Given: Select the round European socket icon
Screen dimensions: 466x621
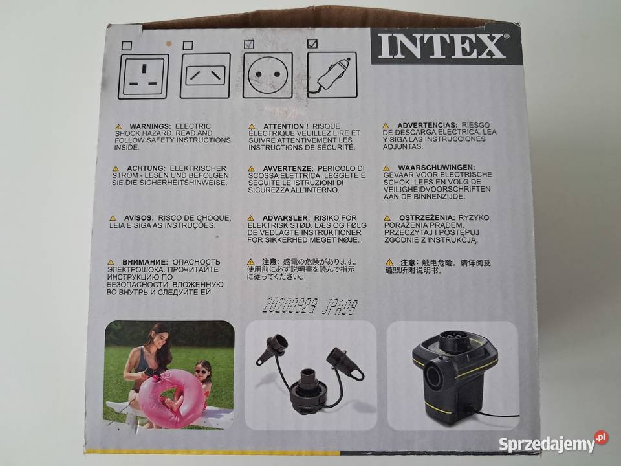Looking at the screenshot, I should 267,75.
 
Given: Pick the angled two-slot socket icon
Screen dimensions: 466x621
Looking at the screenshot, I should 205,76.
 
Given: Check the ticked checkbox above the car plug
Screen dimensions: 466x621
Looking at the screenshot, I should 312,44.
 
